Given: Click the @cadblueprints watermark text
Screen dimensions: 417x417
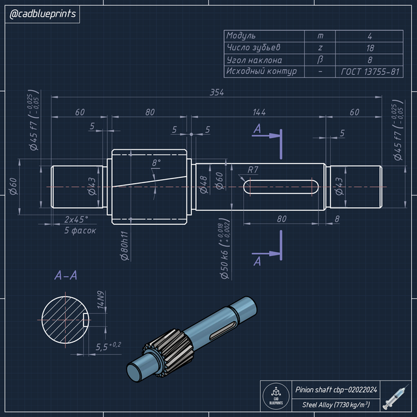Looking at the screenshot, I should point(42,14).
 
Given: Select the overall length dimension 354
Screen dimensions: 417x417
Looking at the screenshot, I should point(217,93).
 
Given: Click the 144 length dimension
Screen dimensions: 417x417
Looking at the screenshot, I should point(259,112).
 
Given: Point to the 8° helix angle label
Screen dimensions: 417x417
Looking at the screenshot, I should point(156,163).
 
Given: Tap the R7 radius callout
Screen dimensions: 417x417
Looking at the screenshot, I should point(253,171).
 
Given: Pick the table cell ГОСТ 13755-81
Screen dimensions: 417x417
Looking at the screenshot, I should point(369,72).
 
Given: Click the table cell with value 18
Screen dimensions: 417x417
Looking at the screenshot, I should point(369,48).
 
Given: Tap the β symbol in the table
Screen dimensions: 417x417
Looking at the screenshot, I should point(319,60).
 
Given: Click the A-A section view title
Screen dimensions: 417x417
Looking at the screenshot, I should point(66,276).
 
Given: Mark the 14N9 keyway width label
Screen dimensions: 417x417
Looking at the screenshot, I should point(101,300).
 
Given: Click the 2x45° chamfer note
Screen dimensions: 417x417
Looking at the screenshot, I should point(77,220).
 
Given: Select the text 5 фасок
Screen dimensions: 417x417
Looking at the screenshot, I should point(80,231).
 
